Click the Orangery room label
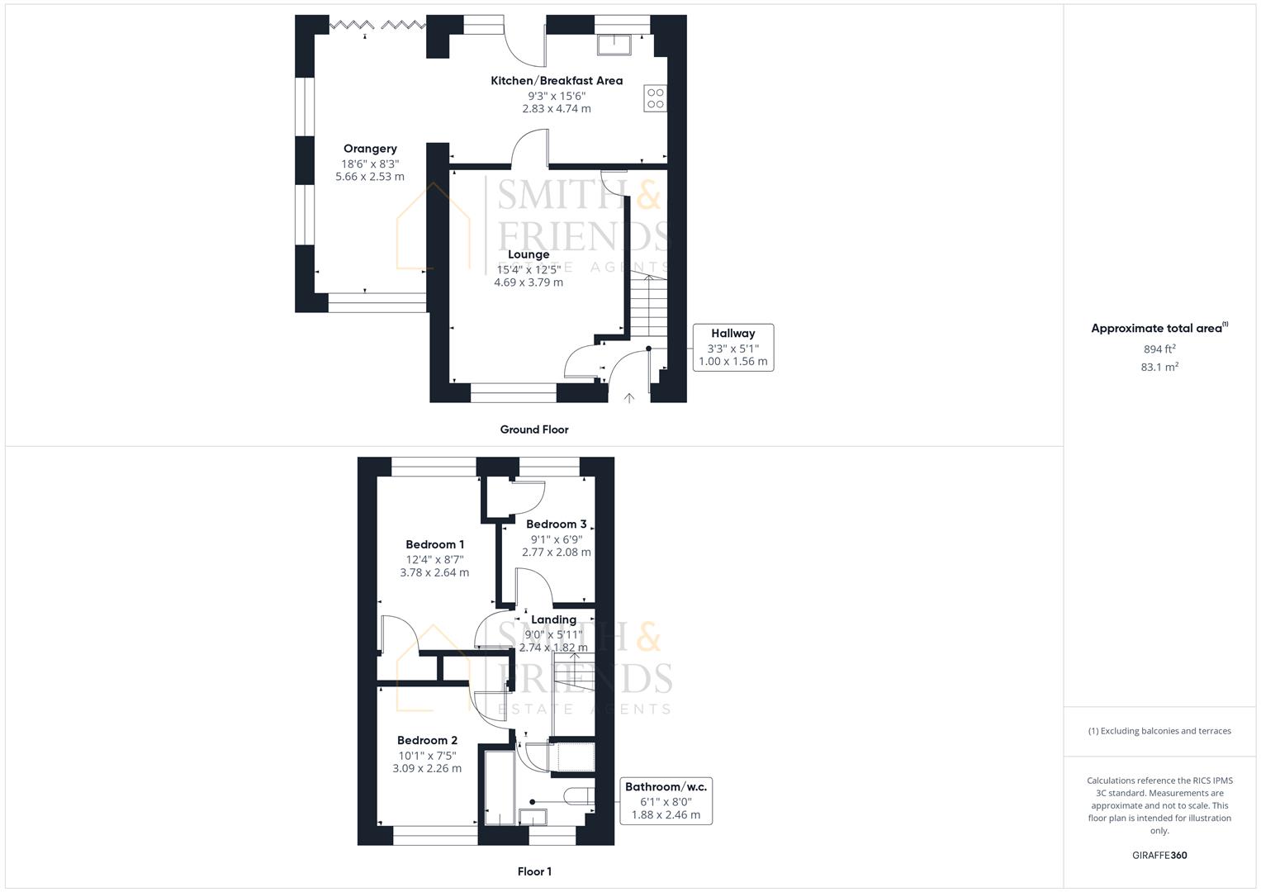[x=370, y=149]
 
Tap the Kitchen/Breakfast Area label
[x=557, y=81]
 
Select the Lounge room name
[x=529, y=254]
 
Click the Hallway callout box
[x=732, y=347]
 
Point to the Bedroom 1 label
[x=434, y=544]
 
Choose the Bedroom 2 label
[x=427, y=741]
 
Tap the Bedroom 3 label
[x=556, y=524]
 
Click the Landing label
[x=553, y=619]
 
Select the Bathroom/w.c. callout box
[x=666, y=800]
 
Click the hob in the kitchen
[x=656, y=98]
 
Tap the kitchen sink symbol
[x=614, y=45]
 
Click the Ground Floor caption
[x=534, y=429]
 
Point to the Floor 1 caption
[x=534, y=871]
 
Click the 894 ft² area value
[x=1159, y=349]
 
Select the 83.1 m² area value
[x=1159, y=368]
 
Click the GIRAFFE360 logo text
[x=1159, y=856]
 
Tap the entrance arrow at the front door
[x=628, y=398]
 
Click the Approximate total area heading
[x=1159, y=329]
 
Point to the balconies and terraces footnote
[x=1159, y=731]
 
